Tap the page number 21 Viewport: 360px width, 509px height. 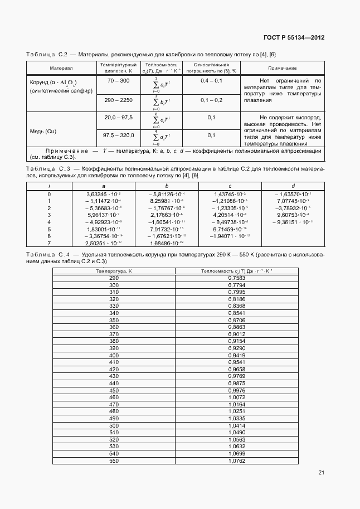[x=321, y=473]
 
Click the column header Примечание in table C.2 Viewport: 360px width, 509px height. [x=283, y=68]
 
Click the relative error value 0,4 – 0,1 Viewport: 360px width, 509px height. [x=211, y=81]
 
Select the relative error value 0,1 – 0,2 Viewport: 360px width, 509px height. [x=211, y=100]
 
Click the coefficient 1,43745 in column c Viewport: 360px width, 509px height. [x=230, y=193]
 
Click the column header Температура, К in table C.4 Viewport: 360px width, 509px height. [x=114, y=270]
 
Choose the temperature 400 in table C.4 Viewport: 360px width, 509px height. [x=114, y=355]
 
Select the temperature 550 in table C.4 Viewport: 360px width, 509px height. [x=114, y=461]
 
